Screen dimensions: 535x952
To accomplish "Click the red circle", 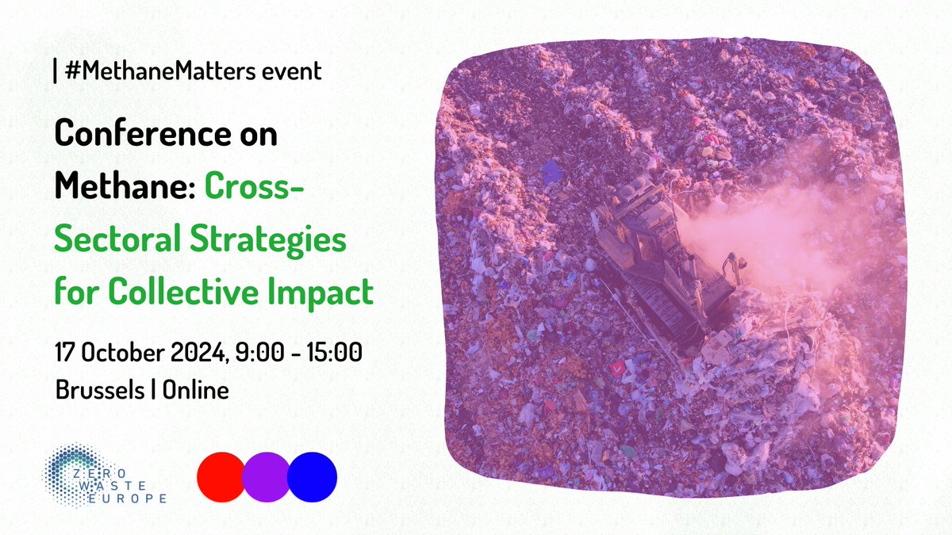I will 221,477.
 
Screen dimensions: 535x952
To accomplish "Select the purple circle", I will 267,477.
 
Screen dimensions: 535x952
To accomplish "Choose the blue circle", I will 312,477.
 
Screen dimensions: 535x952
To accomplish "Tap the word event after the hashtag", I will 290,71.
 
